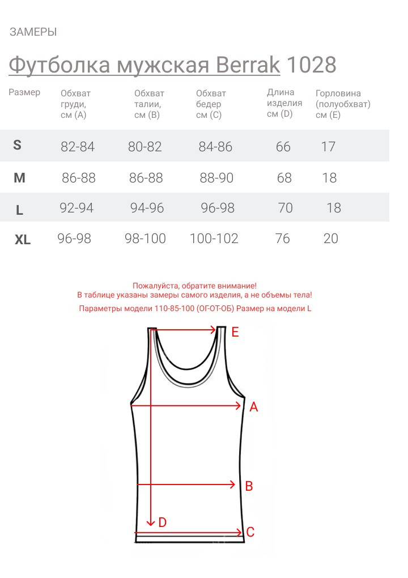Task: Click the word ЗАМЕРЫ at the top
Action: tap(33, 32)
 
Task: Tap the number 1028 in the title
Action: tap(311, 65)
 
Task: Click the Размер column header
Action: tap(24, 92)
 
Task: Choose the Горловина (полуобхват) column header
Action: tap(342, 104)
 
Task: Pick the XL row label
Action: tap(23, 240)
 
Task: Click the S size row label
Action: tap(17, 145)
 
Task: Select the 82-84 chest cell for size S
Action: tap(78, 147)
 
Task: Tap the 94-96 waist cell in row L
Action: tap(147, 208)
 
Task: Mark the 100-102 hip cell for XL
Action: tap(214, 239)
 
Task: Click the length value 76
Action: tap(282, 239)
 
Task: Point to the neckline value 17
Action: tap(328, 147)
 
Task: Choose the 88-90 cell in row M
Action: tap(216, 178)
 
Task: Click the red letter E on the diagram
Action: tap(235, 332)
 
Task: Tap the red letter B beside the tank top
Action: tap(248, 486)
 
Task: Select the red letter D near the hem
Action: tap(163, 522)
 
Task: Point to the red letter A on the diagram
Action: tap(254, 406)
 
